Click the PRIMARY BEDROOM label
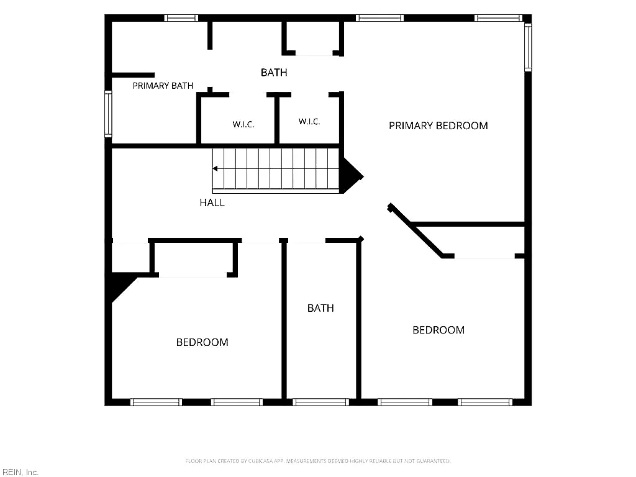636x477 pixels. (x=438, y=125)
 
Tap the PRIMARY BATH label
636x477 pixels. (x=163, y=86)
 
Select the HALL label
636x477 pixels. (x=212, y=203)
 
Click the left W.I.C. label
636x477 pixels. (x=243, y=124)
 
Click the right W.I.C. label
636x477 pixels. (x=309, y=122)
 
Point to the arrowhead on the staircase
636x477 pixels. (x=215, y=168)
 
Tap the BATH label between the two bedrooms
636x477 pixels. (x=320, y=308)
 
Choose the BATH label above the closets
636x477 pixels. (x=274, y=73)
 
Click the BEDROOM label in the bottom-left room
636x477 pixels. (x=202, y=342)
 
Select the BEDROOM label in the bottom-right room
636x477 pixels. (x=438, y=330)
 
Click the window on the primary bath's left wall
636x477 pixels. (x=108, y=114)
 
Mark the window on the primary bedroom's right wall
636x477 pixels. (x=528, y=47)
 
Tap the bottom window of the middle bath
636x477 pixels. (x=320, y=402)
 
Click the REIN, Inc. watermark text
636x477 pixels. (x=20, y=472)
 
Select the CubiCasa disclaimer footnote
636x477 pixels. (x=318, y=461)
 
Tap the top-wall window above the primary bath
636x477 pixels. (x=181, y=18)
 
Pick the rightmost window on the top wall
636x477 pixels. (x=498, y=18)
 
